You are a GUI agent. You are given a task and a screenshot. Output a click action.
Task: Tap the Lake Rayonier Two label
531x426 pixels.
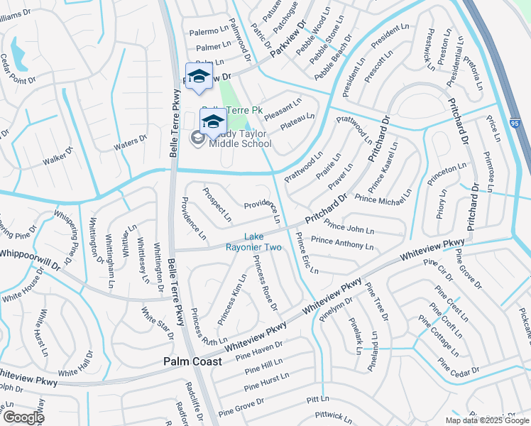(263, 242)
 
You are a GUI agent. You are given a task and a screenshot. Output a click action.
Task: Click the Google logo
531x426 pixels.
(23, 417)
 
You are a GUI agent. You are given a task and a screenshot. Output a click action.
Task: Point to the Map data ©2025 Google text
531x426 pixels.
(487, 420)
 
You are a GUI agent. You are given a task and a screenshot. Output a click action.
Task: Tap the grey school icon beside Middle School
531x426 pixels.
(198, 136)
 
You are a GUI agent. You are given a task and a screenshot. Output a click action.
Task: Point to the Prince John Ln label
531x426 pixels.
(349, 228)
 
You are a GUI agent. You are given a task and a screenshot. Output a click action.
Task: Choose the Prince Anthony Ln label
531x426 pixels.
(342, 244)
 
